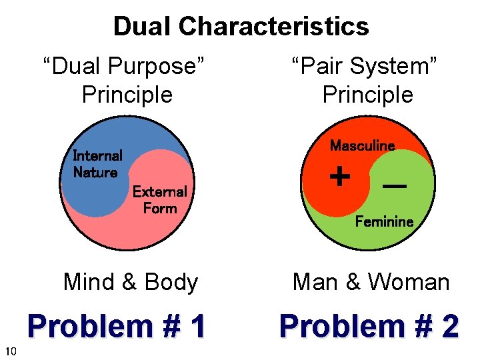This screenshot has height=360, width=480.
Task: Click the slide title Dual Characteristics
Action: pos(241,27)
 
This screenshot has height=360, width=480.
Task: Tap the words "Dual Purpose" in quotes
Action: pos(123,67)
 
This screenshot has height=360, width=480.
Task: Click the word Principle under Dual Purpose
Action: pos(127,95)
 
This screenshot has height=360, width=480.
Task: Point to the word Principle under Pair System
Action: pos(367,95)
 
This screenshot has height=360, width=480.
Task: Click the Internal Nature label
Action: pos(97,164)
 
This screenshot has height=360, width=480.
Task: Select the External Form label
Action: pos(159,200)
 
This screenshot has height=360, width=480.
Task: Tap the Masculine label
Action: pos(362,145)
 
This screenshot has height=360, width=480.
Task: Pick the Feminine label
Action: pos(384,221)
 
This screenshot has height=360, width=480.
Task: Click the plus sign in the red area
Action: pos(340,177)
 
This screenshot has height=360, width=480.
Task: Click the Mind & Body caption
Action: pos(131,282)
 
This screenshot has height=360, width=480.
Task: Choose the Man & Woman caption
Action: pos(371,282)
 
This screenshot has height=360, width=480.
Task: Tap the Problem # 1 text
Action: pos(117,327)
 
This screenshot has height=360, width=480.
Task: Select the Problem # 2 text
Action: pos(369,327)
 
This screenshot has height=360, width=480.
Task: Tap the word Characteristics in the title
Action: pos(273,27)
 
